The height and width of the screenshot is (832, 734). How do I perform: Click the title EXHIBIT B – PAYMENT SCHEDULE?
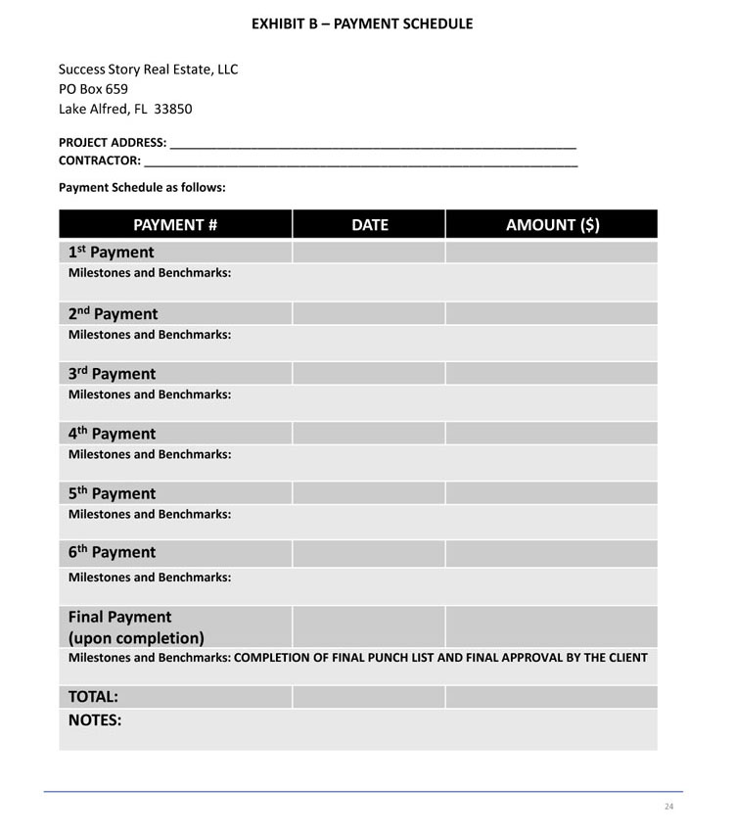click(362, 23)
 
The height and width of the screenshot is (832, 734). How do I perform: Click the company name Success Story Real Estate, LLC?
click(148, 69)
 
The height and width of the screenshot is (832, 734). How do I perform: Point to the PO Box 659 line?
click(93, 89)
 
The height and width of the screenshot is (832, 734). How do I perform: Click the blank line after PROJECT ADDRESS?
click(373, 142)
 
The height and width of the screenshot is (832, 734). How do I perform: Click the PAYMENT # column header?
click(175, 224)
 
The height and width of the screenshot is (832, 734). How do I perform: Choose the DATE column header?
click(369, 224)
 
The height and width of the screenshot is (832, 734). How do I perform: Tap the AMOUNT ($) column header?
click(552, 224)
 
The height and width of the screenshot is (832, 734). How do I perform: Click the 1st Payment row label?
click(111, 253)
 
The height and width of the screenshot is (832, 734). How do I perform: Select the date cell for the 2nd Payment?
click(369, 313)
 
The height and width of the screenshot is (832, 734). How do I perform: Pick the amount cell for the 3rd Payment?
click(551, 373)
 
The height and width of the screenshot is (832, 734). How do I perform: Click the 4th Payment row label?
click(112, 434)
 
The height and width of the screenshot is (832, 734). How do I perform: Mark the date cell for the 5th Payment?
click(369, 492)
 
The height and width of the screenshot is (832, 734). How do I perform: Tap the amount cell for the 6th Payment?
click(551, 553)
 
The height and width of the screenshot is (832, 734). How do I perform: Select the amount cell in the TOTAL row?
click(551, 697)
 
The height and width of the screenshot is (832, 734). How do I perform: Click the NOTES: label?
click(95, 720)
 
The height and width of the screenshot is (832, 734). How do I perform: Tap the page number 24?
click(669, 807)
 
